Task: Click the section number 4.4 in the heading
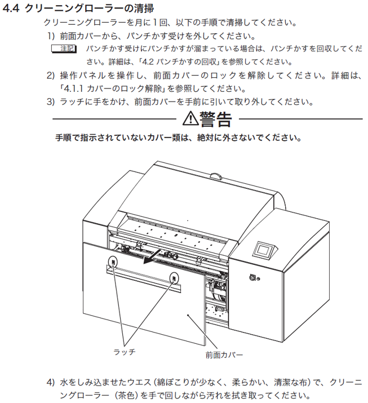[x=11, y=8]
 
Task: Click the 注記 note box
[x=64, y=48]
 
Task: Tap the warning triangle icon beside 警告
[x=190, y=118]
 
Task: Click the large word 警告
[x=216, y=119]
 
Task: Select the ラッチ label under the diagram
[x=125, y=352]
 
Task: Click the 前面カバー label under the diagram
[x=224, y=355]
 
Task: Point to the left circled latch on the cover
[x=113, y=262]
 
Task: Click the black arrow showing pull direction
[x=152, y=256]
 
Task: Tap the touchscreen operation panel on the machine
[x=265, y=249]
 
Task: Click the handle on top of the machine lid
[x=216, y=175]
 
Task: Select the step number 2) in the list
[x=51, y=76]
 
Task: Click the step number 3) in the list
[x=51, y=102]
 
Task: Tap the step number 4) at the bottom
[x=51, y=382]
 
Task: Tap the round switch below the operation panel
[x=252, y=277]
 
